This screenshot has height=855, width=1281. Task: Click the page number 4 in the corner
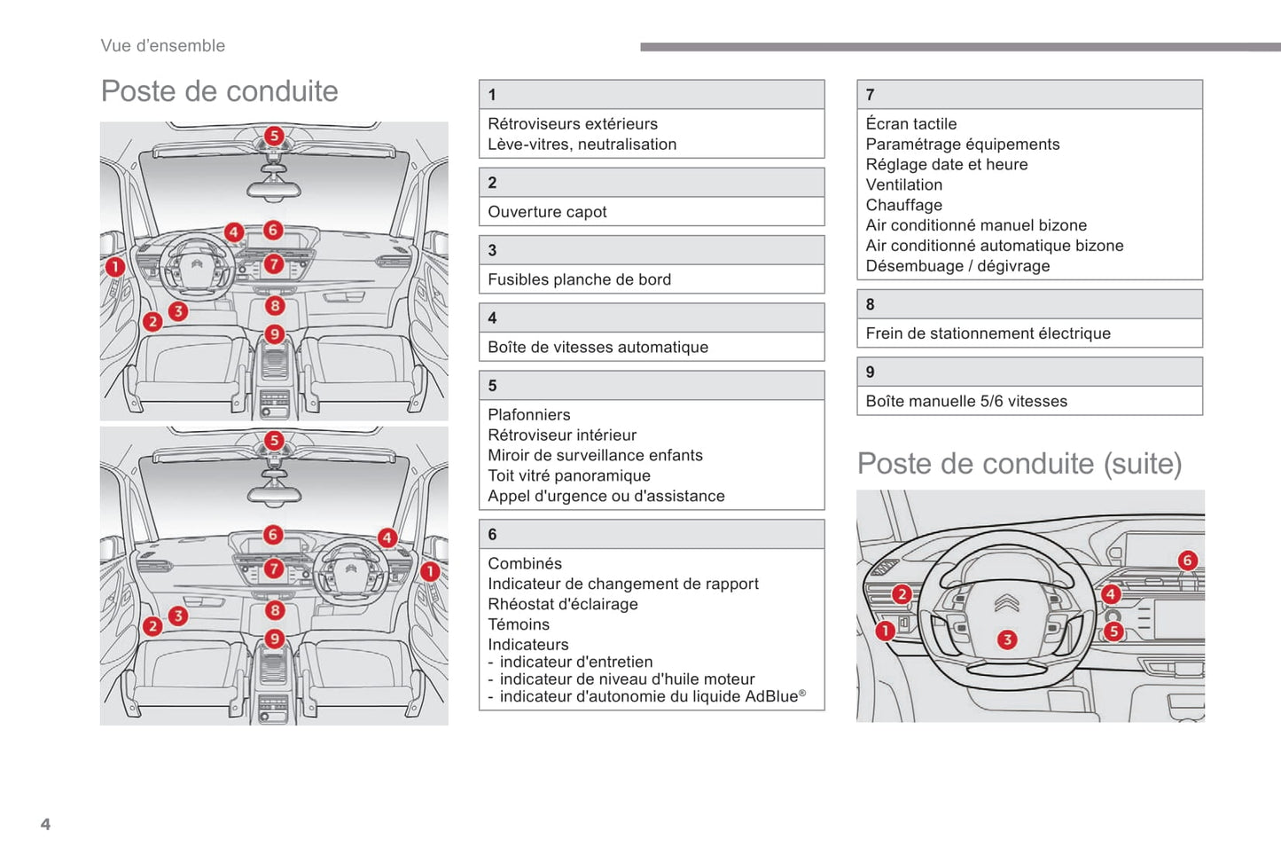click(45, 824)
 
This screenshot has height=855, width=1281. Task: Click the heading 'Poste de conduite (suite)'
click(1019, 464)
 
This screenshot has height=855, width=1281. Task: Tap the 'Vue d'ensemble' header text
click(162, 45)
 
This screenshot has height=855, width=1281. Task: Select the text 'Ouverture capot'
click(547, 212)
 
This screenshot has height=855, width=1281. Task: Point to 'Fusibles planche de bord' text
click(579, 279)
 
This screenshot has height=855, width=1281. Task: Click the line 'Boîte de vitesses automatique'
click(598, 348)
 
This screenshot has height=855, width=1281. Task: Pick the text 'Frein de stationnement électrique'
click(988, 333)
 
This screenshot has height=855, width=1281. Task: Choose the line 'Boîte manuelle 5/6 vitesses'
click(966, 401)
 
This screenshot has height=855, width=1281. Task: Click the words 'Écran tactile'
click(910, 124)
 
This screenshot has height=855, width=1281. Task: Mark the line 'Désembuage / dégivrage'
click(957, 266)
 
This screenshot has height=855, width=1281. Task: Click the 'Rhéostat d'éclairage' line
click(562, 604)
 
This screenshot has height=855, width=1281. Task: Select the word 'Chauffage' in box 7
click(903, 205)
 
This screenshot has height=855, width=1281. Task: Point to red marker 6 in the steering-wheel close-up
click(1187, 560)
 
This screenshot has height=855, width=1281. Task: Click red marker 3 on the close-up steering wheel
click(1007, 639)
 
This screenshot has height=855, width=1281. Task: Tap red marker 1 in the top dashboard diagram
click(115, 265)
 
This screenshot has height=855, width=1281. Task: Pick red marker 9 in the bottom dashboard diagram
click(275, 639)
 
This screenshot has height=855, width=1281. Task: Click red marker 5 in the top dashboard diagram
click(274, 136)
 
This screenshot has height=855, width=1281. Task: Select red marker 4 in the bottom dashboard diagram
click(387, 537)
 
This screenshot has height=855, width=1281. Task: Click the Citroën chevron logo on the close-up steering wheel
click(1006, 603)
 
